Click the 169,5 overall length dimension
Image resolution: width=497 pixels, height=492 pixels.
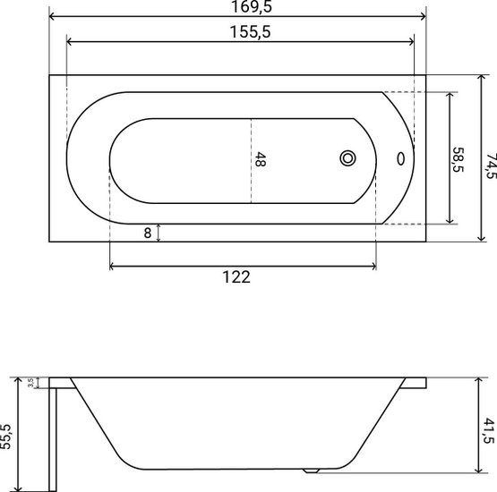coord(252,6)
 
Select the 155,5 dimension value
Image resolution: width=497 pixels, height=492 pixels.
coord(250,32)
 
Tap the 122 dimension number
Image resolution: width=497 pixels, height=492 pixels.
coord(236,277)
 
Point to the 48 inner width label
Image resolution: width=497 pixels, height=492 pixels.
coord(261,159)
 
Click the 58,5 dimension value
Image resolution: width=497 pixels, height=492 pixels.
coord(458,160)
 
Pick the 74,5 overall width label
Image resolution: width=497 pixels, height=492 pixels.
coord(492,166)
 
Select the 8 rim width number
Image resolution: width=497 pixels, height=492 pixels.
coord(148,233)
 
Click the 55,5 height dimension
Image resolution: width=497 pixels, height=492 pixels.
coord(5,437)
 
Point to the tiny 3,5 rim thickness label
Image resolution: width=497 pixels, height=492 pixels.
coord(30,383)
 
